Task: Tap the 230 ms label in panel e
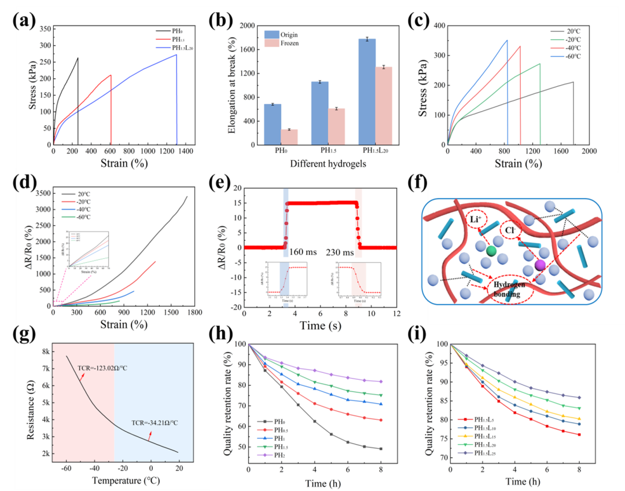click(340, 252)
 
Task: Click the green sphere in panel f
click(491, 251)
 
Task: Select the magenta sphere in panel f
click(540, 265)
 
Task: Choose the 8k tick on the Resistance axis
click(42, 351)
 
